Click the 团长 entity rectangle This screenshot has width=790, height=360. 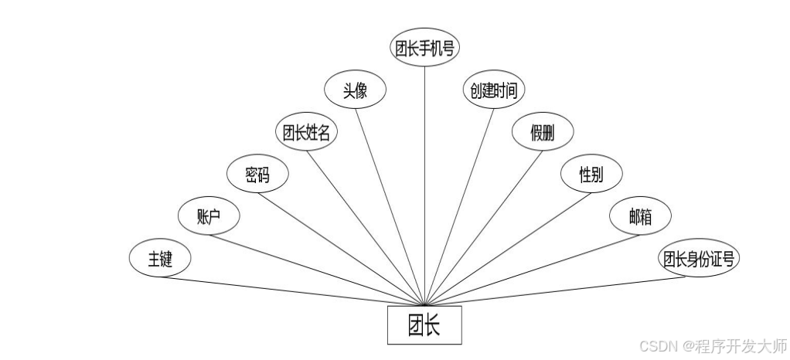pos(424,324)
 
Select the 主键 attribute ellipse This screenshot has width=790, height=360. pos(160,260)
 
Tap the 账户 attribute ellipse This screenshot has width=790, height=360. pos(209,217)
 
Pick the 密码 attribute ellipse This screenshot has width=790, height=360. pos(257,175)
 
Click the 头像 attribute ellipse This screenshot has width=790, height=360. pos(355,90)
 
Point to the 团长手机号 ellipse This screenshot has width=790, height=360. pos(424,48)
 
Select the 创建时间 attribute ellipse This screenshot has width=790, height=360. pos(493,90)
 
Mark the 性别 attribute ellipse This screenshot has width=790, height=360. pos(591,175)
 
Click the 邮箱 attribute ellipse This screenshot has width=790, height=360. pos(640,217)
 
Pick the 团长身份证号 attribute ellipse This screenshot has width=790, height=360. pos(698,260)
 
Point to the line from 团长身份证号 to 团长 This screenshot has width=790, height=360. pos(557,290)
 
